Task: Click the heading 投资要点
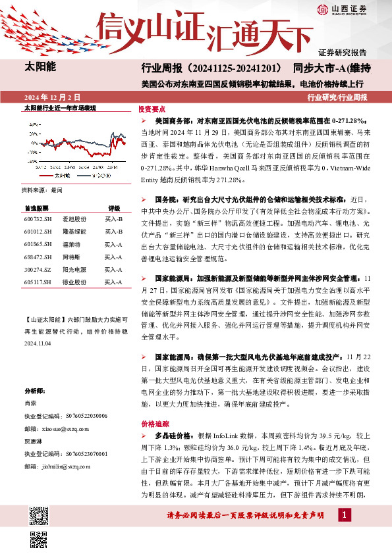(152, 110)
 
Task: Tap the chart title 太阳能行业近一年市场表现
(60, 107)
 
